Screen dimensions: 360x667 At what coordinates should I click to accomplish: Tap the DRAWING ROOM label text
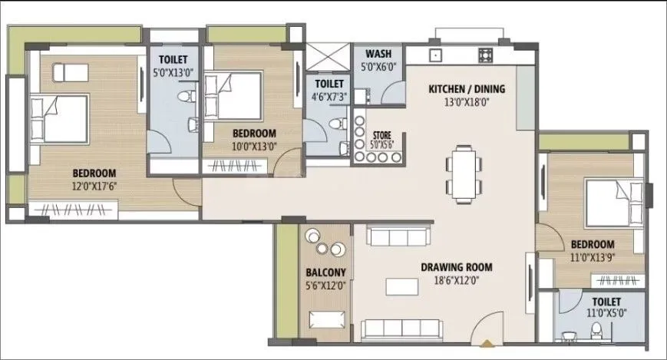[x=456, y=268]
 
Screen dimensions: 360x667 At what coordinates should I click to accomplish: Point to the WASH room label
[x=378, y=54]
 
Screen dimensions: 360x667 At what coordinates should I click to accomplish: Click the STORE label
[x=381, y=134]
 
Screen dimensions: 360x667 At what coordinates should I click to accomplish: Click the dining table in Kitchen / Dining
[x=462, y=173]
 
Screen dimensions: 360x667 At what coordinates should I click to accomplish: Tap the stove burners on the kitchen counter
[x=485, y=55]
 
